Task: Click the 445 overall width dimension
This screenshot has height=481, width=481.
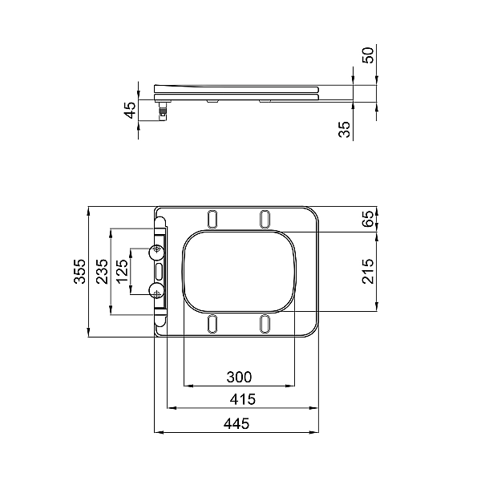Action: click(238, 423)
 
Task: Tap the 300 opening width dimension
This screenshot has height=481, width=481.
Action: click(239, 376)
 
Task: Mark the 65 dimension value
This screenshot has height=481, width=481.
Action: click(368, 219)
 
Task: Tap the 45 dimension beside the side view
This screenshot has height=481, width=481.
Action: click(131, 110)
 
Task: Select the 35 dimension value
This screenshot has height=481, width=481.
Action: click(345, 129)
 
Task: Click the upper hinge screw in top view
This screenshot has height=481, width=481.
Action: click(156, 252)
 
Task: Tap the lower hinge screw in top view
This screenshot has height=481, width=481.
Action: click(156, 290)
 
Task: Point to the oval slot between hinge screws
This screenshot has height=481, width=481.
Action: click(159, 271)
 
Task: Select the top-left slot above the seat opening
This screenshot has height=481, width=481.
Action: click(212, 218)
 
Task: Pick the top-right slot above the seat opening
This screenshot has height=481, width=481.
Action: click(265, 218)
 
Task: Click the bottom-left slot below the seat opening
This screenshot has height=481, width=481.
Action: click(212, 323)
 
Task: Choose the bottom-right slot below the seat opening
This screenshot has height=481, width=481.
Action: click(265, 323)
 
